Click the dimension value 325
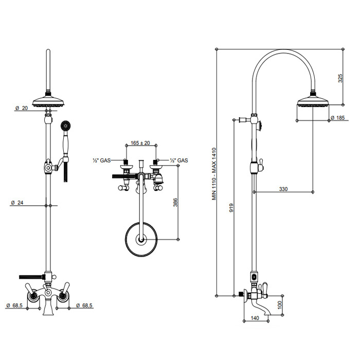point(340,78)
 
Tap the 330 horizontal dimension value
point(283,189)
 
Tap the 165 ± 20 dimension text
point(140,143)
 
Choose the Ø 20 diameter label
point(22,108)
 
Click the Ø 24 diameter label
point(17,202)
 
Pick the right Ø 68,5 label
point(84,306)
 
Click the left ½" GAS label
point(101,160)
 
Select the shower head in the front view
point(47,101)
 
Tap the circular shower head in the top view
point(141,239)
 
